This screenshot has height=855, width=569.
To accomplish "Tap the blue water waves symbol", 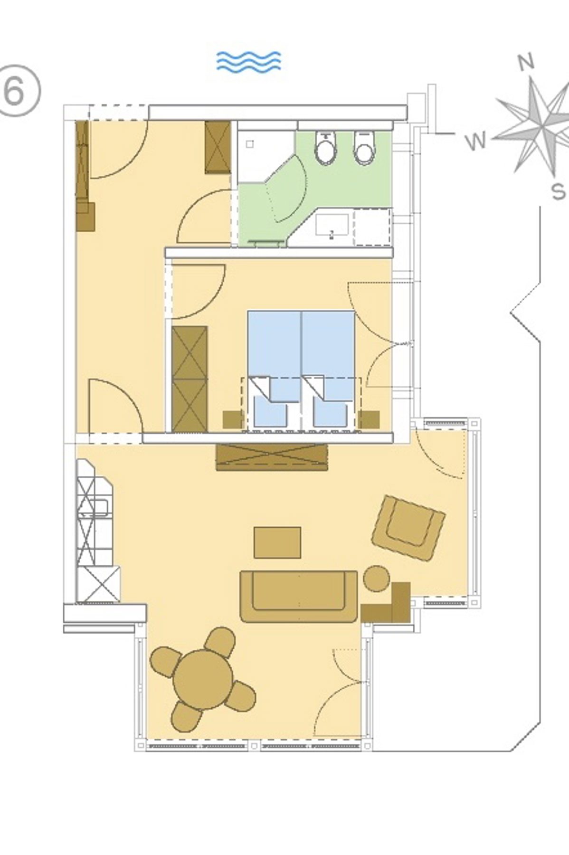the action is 248,61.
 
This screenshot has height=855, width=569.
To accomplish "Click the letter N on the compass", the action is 526,62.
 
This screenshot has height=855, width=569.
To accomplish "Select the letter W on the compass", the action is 476,141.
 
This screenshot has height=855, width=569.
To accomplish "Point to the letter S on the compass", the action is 559,191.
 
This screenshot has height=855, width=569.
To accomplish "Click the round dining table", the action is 203,680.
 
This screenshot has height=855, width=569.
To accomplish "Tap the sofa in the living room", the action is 299,596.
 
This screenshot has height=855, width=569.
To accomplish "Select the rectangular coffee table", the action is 277,542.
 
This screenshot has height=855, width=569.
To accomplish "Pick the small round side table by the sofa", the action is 377,578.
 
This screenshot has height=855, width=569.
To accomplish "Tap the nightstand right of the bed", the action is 369,419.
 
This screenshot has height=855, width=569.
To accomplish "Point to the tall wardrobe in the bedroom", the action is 190,379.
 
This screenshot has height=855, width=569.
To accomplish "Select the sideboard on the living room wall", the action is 272,457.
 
